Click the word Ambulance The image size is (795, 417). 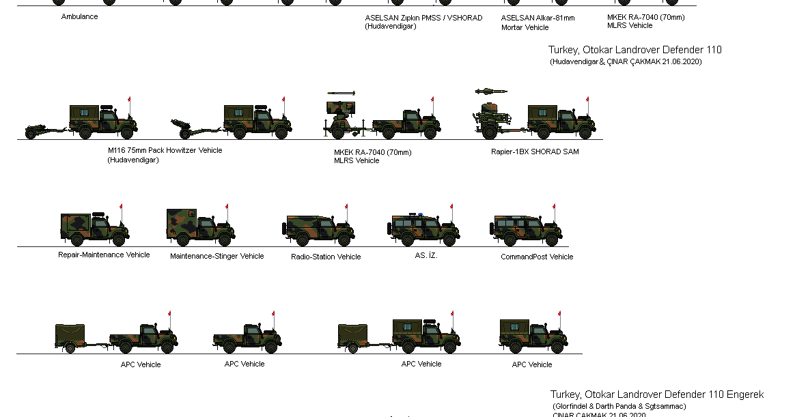(79, 16)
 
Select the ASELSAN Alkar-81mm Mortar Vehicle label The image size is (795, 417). (538, 23)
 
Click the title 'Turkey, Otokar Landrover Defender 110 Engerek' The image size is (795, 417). (656, 394)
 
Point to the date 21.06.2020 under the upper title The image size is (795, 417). (676, 61)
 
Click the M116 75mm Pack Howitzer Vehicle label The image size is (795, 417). (165, 150)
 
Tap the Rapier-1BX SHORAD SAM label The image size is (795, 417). (534, 152)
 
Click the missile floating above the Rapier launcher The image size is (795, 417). (491, 91)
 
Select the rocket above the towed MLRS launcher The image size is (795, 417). (341, 93)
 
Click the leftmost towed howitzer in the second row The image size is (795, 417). (45, 130)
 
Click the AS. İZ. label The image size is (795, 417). (426, 255)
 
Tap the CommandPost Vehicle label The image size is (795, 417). (536, 257)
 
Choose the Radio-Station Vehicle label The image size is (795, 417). (325, 257)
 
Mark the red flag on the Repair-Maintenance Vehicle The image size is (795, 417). (122, 207)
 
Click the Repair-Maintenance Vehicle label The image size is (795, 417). (104, 255)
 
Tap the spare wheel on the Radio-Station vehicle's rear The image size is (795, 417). (285, 231)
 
